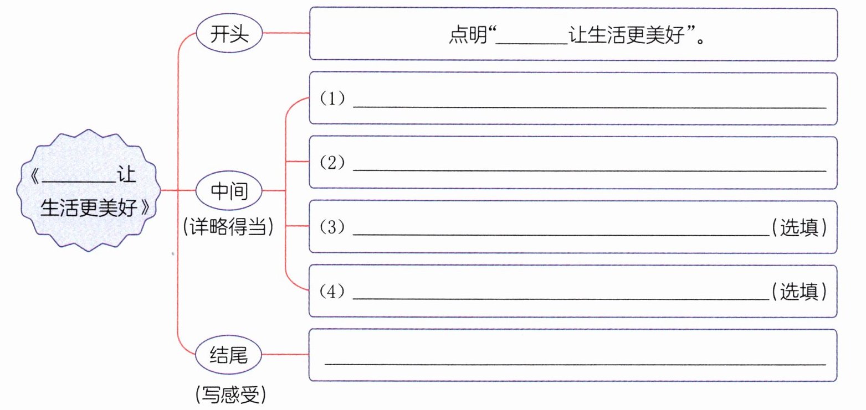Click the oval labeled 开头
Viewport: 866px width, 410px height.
click(x=229, y=34)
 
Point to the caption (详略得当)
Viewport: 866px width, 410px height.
click(x=228, y=227)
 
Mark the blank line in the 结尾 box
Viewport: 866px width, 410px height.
click(x=575, y=364)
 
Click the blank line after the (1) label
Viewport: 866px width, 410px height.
click(x=590, y=107)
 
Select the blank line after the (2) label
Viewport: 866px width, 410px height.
click(x=590, y=170)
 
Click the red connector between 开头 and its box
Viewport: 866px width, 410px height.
click(x=285, y=33)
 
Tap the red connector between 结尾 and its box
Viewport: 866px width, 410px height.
click(x=285, y=355)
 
